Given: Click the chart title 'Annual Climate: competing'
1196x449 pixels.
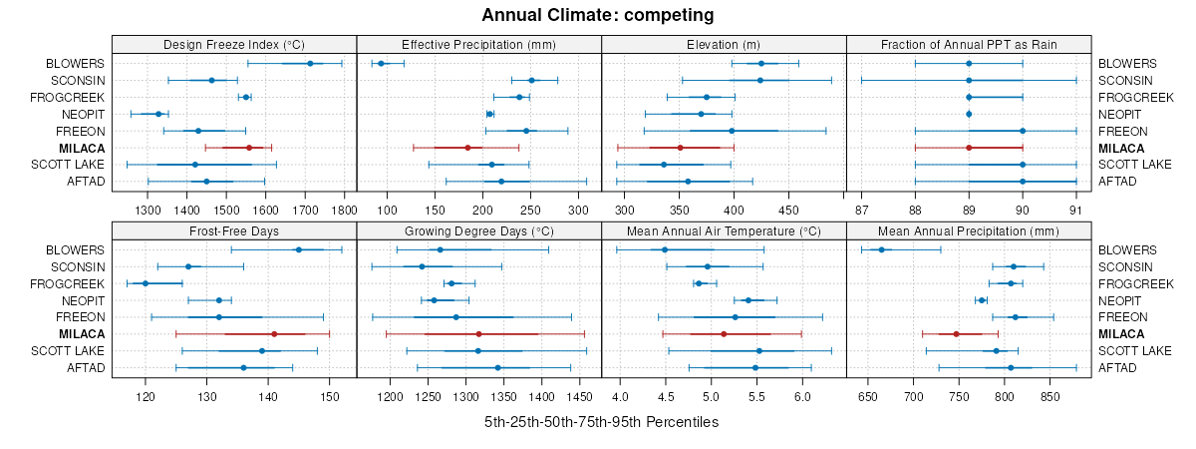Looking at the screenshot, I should (597, 15).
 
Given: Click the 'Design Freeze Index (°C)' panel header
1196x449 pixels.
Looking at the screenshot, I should (234, 44).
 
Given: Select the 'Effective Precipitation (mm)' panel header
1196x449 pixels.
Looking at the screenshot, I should (478, 44).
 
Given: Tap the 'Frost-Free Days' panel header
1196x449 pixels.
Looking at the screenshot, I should (234, 230).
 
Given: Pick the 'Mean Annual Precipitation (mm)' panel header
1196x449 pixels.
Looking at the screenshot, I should (969, 230).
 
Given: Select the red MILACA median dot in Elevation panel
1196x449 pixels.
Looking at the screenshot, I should (680, 148).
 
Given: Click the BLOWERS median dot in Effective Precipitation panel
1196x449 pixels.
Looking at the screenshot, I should (381, 64).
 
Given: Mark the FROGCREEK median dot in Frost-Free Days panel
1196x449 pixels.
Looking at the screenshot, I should (146, 283).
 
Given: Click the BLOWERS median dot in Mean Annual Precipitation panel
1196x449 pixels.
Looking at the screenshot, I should (881, 249).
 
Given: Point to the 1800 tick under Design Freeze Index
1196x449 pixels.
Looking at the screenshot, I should (344, 212).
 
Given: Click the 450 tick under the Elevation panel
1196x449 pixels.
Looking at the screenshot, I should (788, 212).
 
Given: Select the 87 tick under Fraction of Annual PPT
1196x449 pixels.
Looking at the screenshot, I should (862, 212).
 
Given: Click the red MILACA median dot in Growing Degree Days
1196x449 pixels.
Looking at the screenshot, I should (479, 334).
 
